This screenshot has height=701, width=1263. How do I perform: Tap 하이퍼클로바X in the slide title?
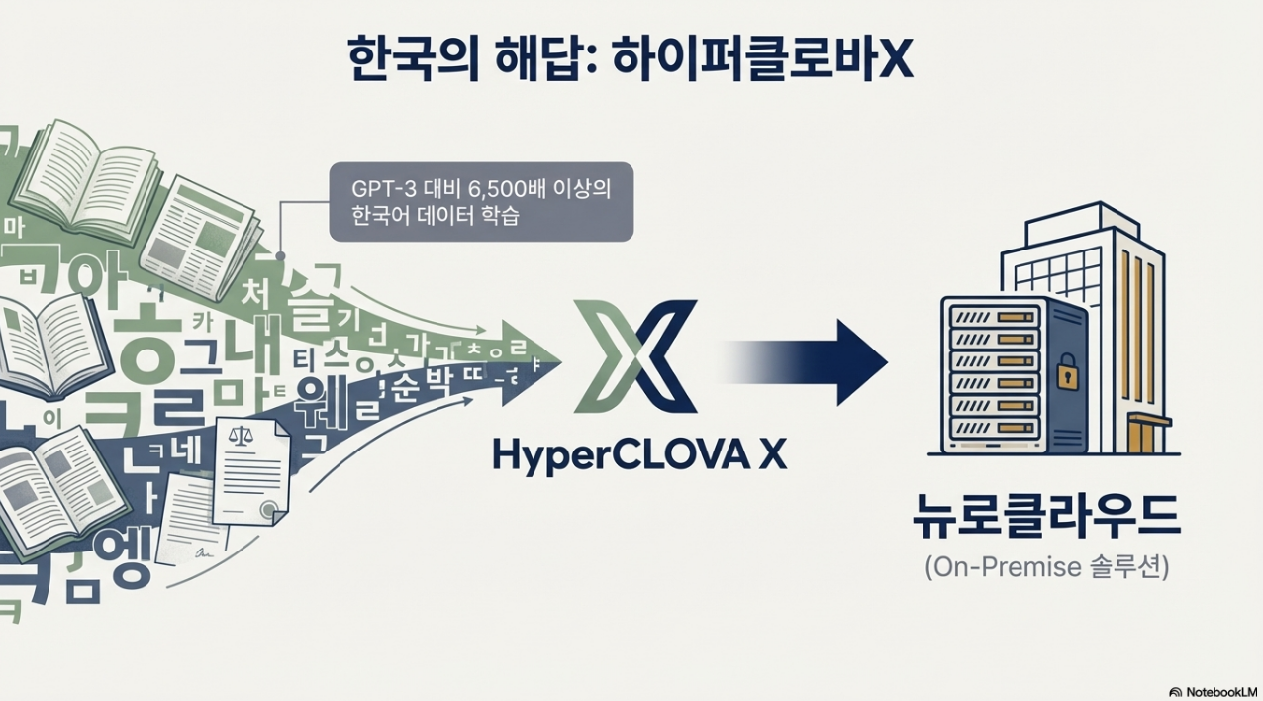[762, 62]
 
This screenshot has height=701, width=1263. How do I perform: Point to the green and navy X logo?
[634, 356]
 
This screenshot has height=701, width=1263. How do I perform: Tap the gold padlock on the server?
[1067, 373]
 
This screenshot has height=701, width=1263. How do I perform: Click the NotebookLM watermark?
[1213, 691]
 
